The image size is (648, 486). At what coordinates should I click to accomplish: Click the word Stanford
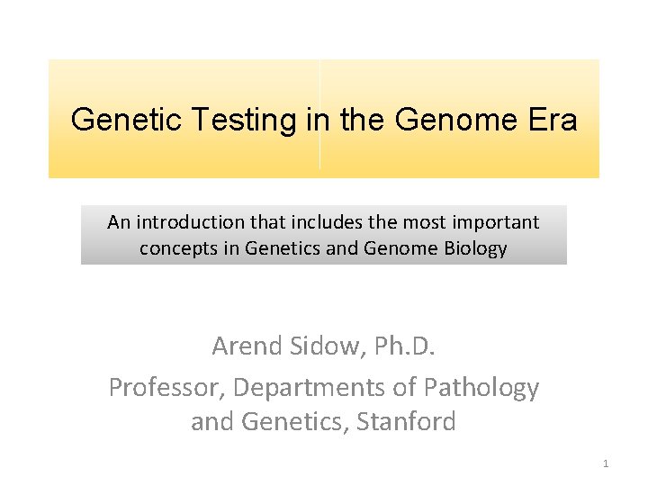pos(408,421)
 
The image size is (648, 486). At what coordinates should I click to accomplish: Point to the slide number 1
pos(606,463)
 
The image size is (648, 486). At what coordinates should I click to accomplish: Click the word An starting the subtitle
pos(118,222)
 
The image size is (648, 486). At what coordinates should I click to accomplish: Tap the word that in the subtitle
pos(257,222)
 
